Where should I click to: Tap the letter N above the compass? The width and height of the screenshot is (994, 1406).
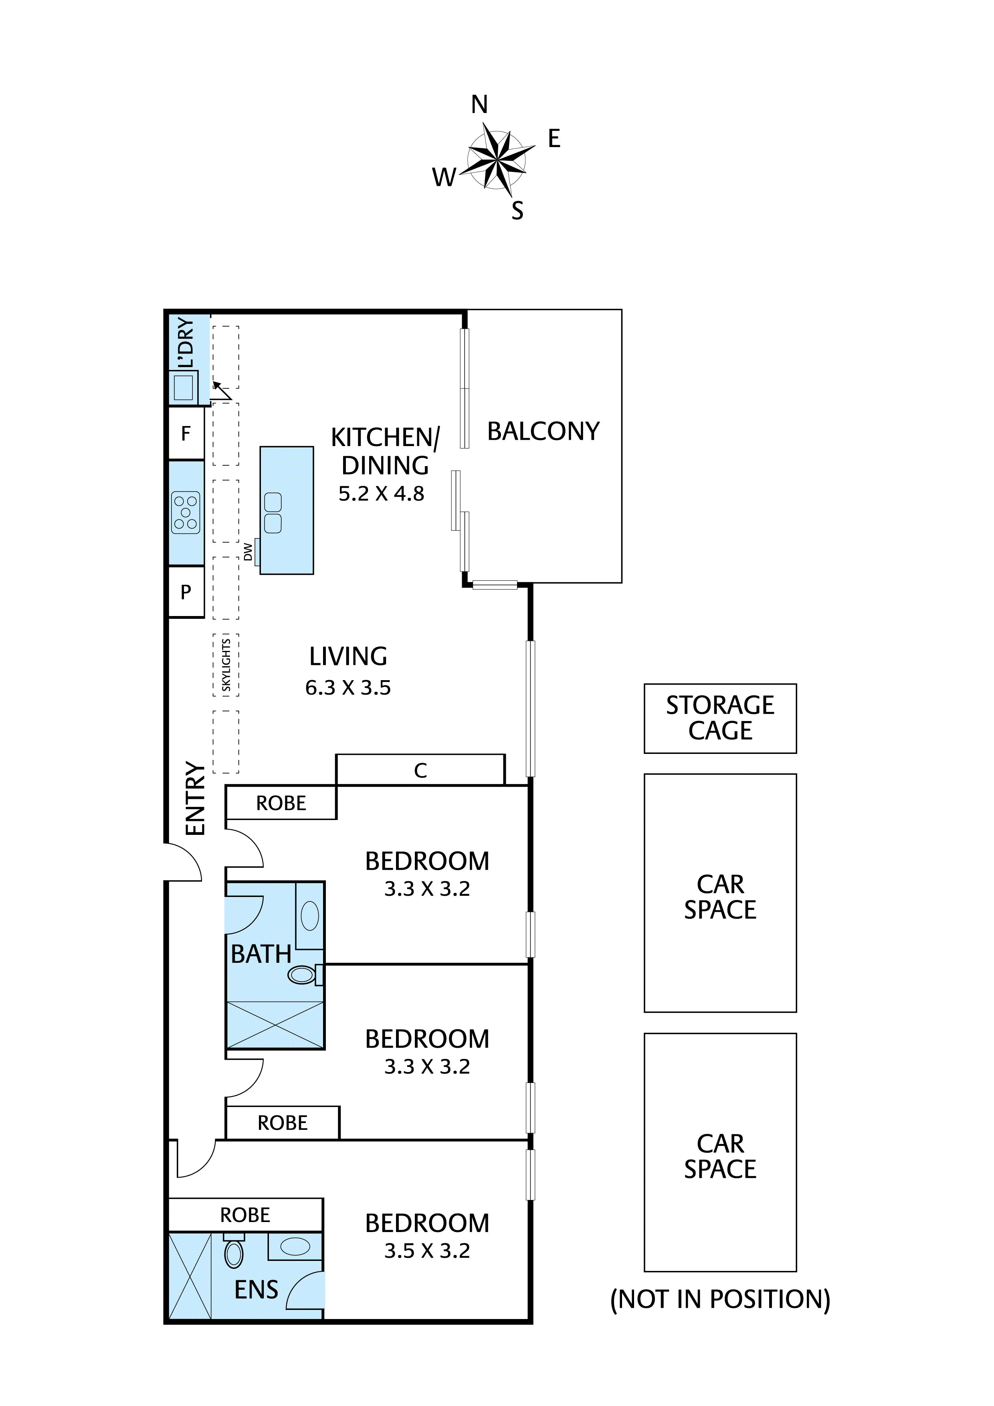pos(479,105)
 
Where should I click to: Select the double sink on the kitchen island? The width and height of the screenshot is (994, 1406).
pos(273,513)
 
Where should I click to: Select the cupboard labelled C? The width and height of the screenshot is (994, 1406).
pos(420,770)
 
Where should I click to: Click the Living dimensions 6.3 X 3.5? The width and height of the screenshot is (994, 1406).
pos(348,688)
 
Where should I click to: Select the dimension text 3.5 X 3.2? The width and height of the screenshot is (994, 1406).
pos(427,1250)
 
